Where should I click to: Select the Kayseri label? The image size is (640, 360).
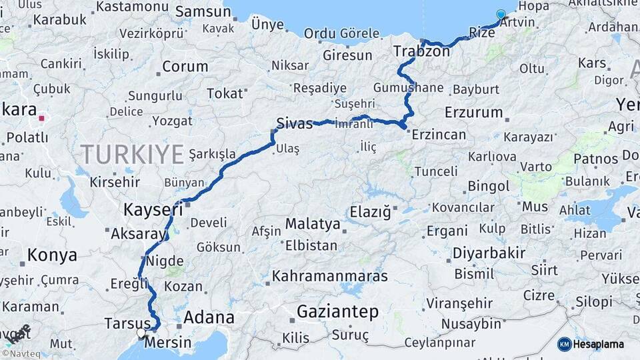(x=153, y=210)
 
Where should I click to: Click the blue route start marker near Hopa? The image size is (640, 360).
(x=501, y=14)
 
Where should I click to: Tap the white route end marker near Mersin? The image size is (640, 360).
(x=141, y=332)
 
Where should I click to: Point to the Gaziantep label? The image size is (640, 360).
(x=337, y=311)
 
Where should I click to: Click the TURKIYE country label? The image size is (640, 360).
(x=132, y=155)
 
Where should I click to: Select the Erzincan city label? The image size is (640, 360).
(x=439, y=135)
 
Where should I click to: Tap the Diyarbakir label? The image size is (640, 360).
(x=489, y=253)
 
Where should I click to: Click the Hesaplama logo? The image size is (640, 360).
(x=592, y=344)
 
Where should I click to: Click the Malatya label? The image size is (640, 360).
(x=313, y=223)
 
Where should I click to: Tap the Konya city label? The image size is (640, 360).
(x=52, y=255)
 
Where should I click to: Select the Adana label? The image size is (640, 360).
(x=209, y=317)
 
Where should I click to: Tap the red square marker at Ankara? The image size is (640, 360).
(x=41, y=118)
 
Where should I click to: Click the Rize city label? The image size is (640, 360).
(x=482, y=32)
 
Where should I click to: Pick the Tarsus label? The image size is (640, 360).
(x=127, y=324)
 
